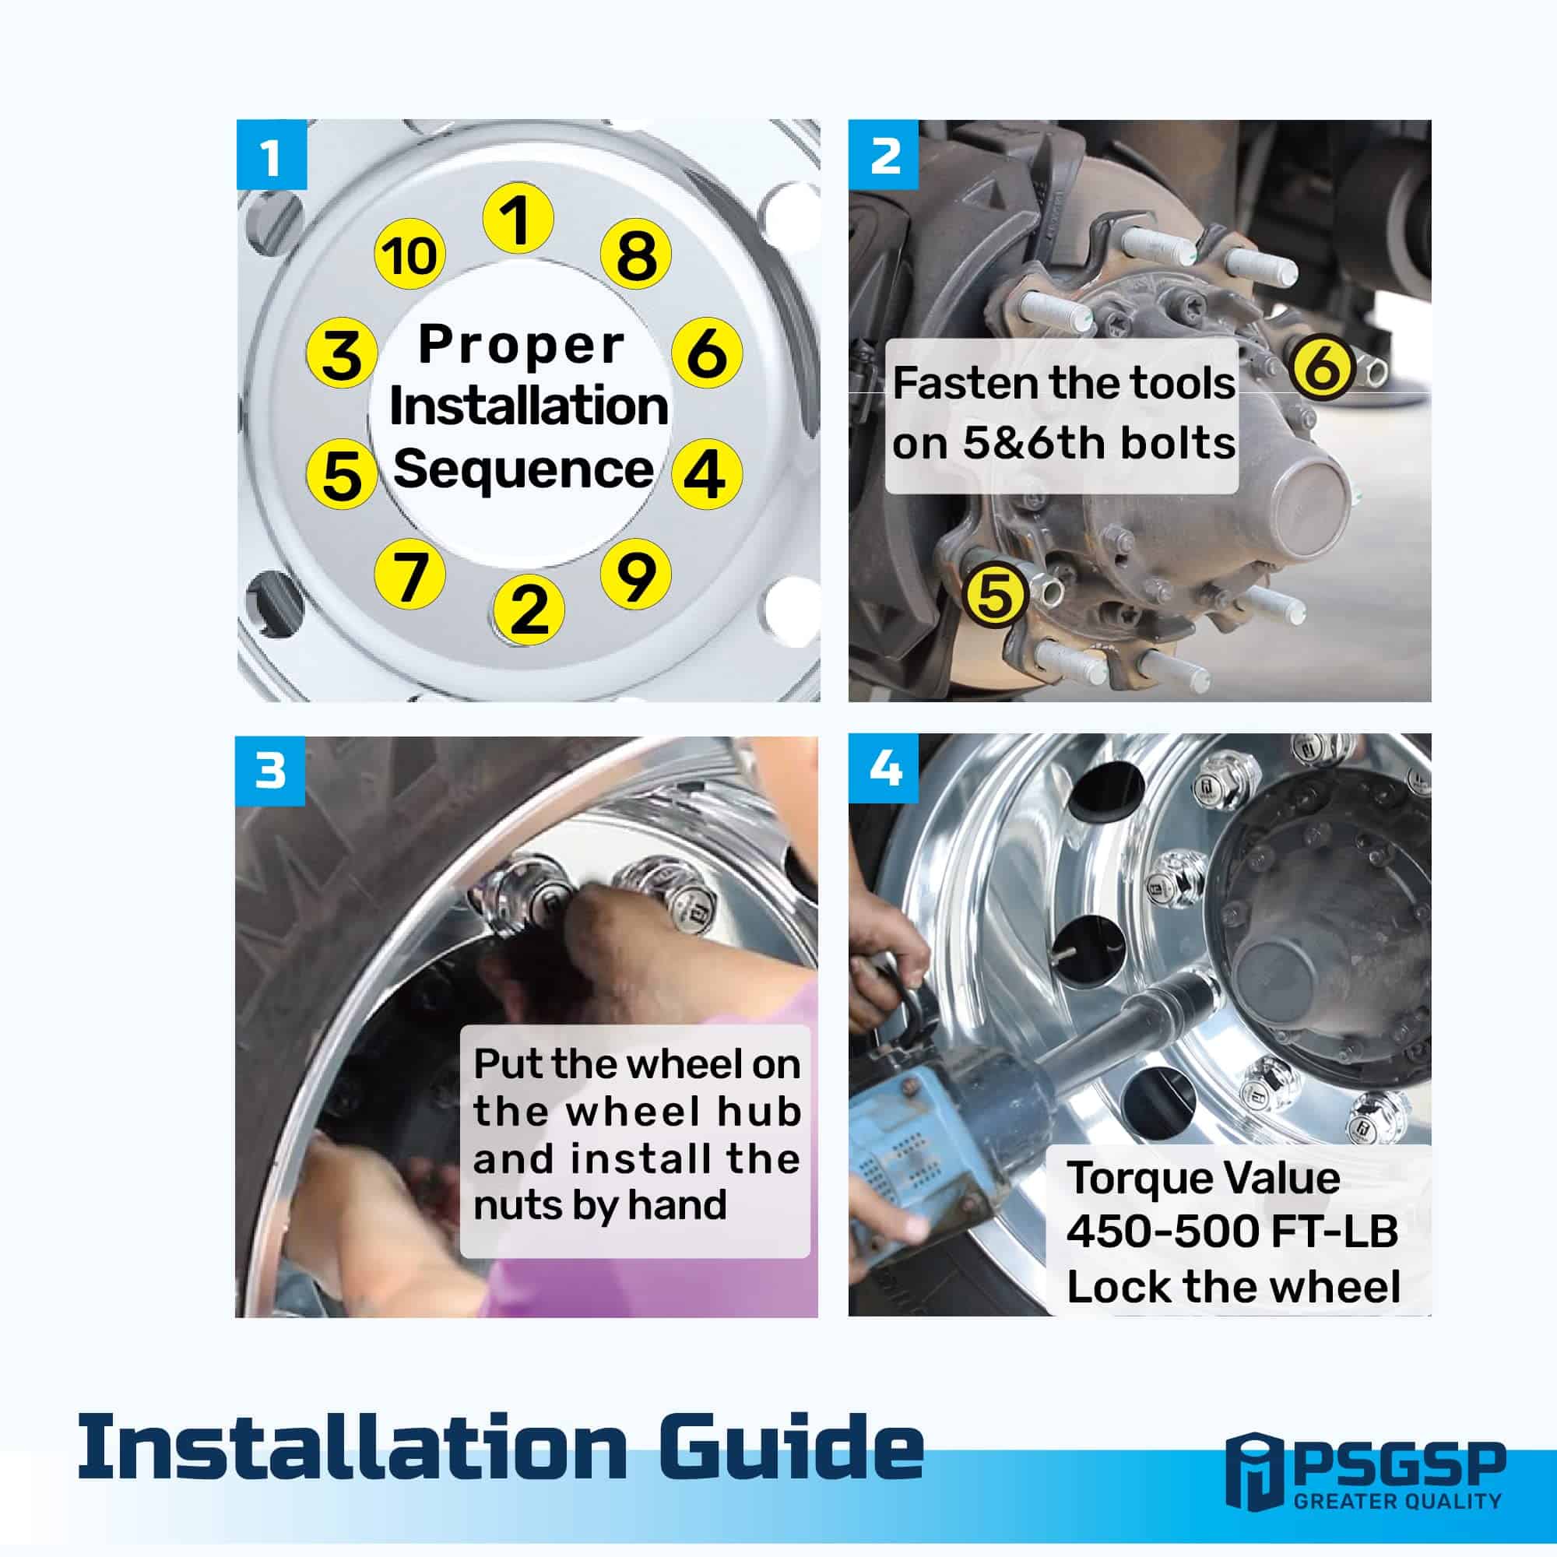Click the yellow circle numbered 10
pos(411,255)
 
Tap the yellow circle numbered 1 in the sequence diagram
pos(518,219)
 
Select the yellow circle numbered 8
pos(636,255)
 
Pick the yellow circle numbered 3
pos(343,353)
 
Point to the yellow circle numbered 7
pos(411,575)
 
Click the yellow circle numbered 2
pos(529,610)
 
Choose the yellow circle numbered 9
pos(636,573)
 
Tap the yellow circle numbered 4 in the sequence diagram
pos(707,473)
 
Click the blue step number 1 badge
pos(272,155)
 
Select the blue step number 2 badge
pos(884,155)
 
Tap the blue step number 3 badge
pos(270,771)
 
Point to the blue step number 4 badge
pos(884,769)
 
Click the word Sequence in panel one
pos(523,471)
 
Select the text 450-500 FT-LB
pos(1232,1231)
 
